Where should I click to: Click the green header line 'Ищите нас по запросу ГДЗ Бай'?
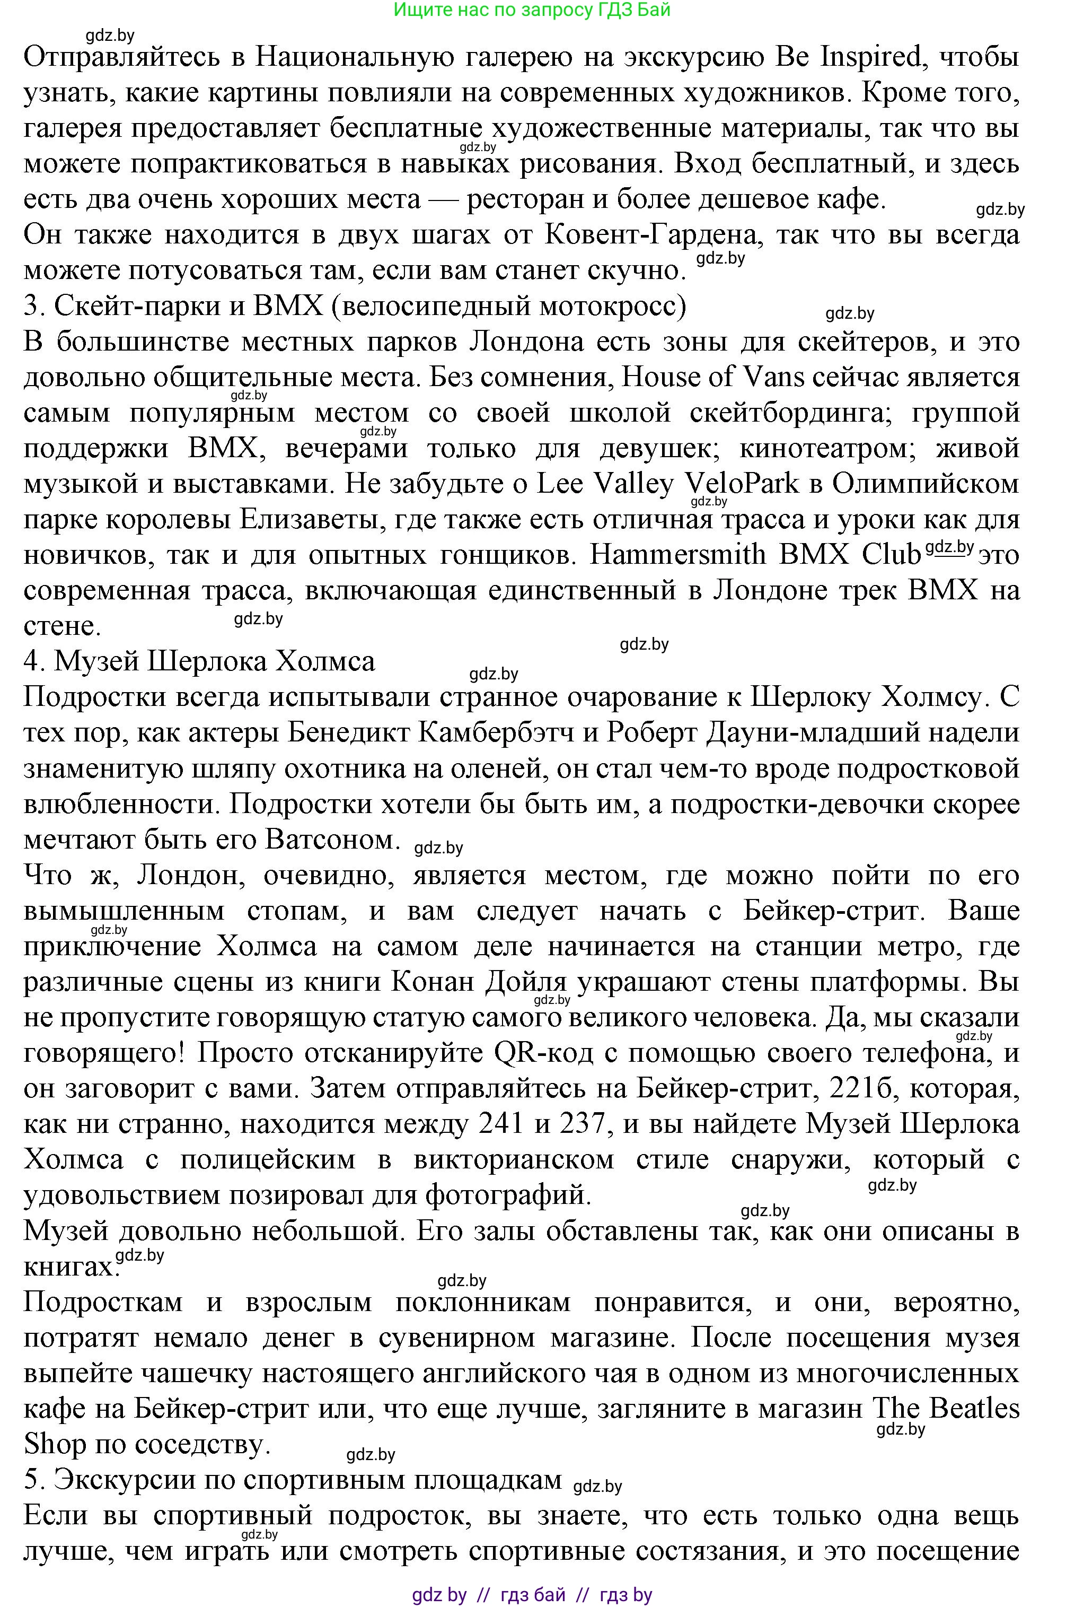coord(532,10)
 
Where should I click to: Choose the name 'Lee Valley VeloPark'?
coord(667,484)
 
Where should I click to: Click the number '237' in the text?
coord(582,1124)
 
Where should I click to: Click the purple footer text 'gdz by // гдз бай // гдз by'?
coord(532,1590)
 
